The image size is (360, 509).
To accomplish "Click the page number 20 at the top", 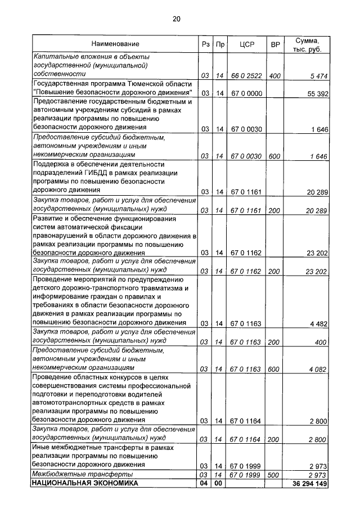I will (176, 19).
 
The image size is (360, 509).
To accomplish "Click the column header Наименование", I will (115, 44).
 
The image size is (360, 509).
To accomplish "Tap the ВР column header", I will (275, 44).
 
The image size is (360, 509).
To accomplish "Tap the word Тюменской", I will (134, 84).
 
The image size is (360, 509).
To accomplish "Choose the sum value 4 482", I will (318, 323).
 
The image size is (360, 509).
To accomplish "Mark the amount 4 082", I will (318, 368).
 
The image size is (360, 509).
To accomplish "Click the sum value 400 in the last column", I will (321, 342).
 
